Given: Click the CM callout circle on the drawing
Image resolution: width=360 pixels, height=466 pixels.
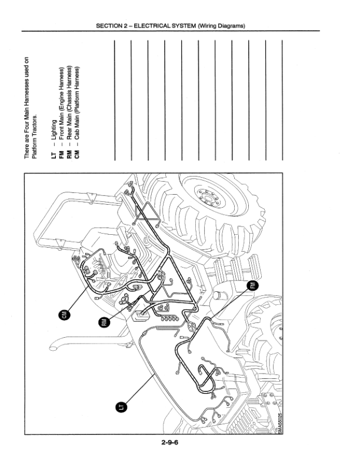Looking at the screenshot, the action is pyautogui.click(x=65, y=315).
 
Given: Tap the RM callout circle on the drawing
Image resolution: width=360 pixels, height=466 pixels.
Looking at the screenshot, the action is pyautogui.click(x=104, y=322).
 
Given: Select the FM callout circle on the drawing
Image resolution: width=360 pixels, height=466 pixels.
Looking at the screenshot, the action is pyautogui.click(x=253, y=285).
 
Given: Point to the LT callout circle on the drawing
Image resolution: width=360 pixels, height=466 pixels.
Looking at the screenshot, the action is pyautogui.click(x=121, y=407).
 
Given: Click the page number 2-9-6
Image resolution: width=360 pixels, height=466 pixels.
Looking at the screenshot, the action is pyautogui.click(x=170, y=442).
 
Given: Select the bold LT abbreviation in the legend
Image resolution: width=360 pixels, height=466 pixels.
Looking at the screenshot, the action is pyautogui.click(x=54, y=155).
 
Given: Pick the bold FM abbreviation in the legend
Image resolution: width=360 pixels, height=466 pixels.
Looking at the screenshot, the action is pyautogui.click(x=62, y=155).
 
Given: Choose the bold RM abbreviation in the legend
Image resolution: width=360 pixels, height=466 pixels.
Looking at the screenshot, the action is pyautogui.click(x=69, y=155).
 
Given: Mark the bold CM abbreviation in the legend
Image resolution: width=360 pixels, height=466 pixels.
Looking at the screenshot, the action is pyautogui.click(x=77, y=155).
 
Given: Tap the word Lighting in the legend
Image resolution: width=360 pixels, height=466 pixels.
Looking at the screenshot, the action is pyautogui.click(x=54, y=129).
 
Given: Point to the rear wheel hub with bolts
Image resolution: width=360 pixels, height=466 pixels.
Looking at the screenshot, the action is pyautogui.click(x=209, y=197).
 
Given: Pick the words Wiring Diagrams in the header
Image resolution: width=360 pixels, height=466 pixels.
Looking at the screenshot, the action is pyautogui.click(x=221, y=25).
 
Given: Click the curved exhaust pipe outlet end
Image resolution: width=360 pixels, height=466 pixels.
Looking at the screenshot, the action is pyautogui.click(x=54, y=347).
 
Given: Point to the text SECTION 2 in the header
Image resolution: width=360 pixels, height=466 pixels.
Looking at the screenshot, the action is pyautogui.click(x=109, y=25).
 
